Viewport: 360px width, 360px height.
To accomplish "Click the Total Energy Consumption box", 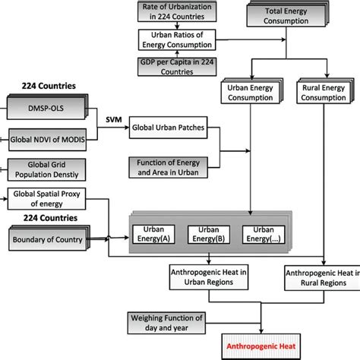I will point(284,15).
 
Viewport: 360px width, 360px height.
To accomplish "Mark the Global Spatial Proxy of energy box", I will point(49,199).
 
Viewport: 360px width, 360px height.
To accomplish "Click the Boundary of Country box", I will point(49,240).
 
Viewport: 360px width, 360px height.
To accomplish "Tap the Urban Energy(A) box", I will point(155,235).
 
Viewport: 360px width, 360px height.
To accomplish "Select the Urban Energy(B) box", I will point(207,235).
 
